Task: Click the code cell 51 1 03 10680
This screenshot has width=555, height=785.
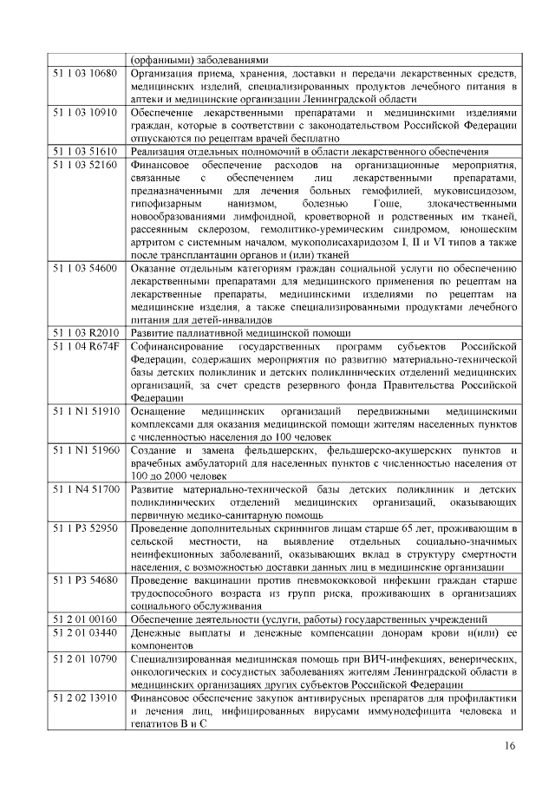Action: (85, 73)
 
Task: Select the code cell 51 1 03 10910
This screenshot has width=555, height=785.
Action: (85, 113)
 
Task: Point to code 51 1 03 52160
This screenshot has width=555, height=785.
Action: (85, 164)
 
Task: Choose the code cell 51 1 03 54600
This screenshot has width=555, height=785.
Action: (85, 269)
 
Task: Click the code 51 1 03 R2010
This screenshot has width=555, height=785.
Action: (85, 333)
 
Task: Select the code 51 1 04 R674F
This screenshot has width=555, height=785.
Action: (85, 346)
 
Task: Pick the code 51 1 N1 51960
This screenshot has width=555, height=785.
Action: (85, 451)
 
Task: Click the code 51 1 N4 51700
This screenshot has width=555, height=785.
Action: (85, 490)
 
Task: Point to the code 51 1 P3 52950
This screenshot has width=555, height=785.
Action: (85, 529)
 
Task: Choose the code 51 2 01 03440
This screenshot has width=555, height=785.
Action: (85, 632)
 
